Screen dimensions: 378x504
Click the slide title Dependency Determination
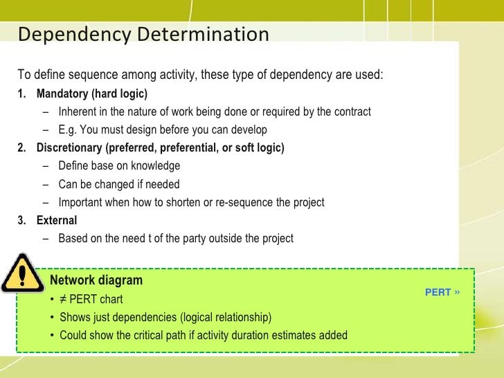143,34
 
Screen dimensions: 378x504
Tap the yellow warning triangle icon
22,276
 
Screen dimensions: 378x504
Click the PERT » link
442,292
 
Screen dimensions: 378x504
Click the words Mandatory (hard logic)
91,93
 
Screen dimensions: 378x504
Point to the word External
57,220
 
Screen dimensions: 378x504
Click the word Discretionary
69,148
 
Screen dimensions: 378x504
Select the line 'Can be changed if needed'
118,184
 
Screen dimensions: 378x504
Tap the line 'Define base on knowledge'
119,166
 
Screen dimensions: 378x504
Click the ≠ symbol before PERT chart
64,300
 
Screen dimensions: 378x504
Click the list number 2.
21,148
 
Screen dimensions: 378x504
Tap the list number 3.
21,220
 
